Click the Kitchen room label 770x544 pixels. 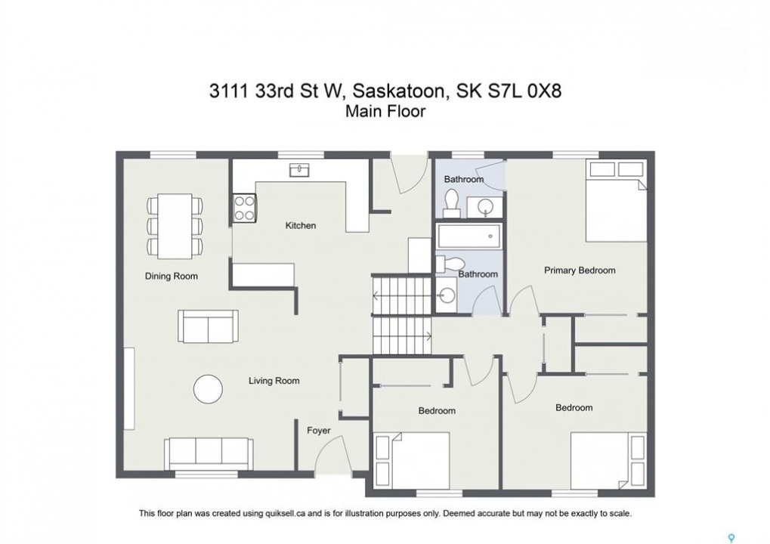(301, 225)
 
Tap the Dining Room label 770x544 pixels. (172, 276)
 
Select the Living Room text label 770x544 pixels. (274, 381)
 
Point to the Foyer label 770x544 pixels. (319, 431)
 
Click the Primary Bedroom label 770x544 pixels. (580, 270)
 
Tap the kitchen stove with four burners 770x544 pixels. (245, 209)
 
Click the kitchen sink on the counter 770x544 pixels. (299, 170)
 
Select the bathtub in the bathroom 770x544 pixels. (469, 236)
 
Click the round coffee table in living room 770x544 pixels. (209, 389)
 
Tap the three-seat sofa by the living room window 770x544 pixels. (209, 454)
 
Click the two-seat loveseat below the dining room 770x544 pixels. (209, 326)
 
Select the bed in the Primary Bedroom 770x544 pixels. (617, 201)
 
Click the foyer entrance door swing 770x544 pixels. (332, 454)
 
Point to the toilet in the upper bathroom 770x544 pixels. (451, 203)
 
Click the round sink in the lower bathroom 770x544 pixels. (447, 295)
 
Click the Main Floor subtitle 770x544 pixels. (385, 112)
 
